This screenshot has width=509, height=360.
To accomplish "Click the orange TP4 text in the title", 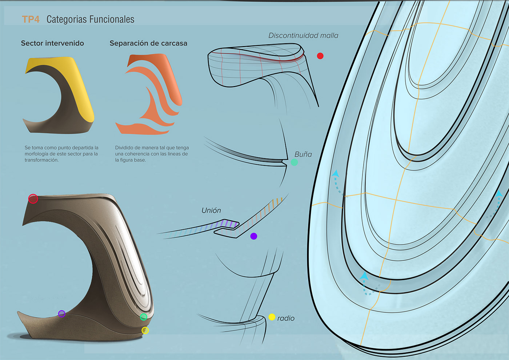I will click(x=31, y=19).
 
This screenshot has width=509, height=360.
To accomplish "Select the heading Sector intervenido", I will click(x=52, y=43).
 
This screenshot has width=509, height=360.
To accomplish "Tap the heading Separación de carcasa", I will click(x=148, y=43).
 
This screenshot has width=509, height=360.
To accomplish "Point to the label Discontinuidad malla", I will click(x=303, y=36).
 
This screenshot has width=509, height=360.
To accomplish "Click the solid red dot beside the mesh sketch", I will click(x=320, y=56).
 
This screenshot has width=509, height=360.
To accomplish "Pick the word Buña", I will click(x=303, y=154).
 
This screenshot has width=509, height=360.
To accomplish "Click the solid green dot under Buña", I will click(x=294, y=162).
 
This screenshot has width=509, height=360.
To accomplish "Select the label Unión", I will click(x=211, y=211).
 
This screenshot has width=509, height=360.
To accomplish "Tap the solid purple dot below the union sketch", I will click(x=254, y=236).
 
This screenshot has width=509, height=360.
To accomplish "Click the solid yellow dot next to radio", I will click(x=272, y=317).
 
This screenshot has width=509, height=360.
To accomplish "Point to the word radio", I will click(x=286, y=318).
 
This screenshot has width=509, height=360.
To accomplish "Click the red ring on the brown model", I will click(x=33, y=199).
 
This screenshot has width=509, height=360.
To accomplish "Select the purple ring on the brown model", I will click(x=62, y=313).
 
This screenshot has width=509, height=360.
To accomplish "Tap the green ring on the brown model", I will click(x=144, y=317).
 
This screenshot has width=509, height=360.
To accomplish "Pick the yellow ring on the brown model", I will click(x=145, y=330).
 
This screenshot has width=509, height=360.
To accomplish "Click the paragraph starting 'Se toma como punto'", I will click(x=61, y=154).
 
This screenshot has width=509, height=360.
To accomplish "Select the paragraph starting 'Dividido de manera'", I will click(x=152, y=154).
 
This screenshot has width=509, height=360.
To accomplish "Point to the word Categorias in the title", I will click(x=67, y=19).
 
